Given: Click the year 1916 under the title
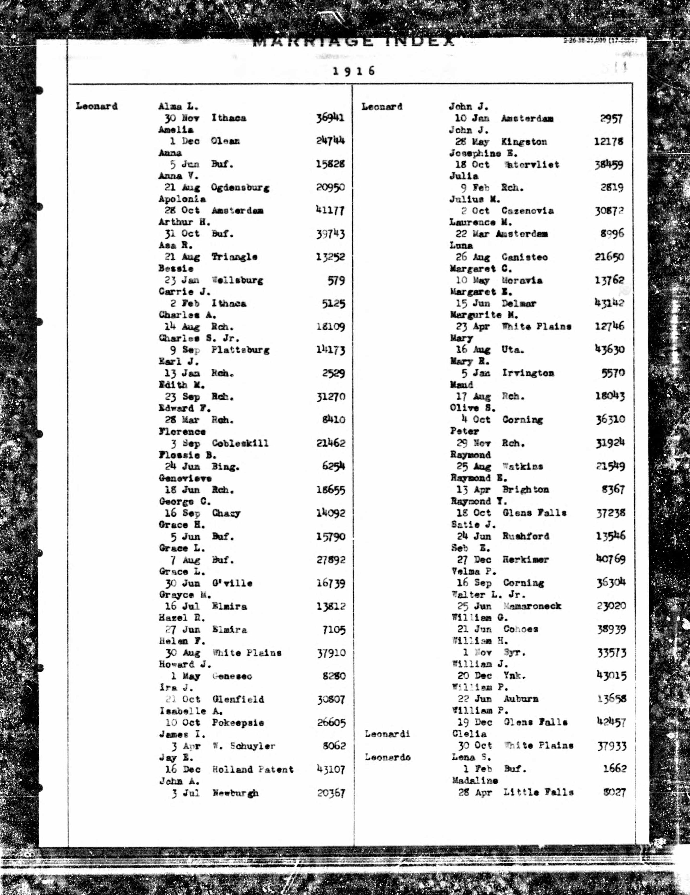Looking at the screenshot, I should tap(354, 71).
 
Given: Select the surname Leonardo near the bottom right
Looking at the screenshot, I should tap(388, 757).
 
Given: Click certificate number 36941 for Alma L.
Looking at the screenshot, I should tap(330, 118).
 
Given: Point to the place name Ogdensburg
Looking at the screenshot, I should tap(240, 188).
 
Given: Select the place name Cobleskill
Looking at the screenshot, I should tap(240, 443).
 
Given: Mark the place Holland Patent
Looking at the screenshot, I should tap(253, 769).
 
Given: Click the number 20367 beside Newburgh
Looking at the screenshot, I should tap(331, 793).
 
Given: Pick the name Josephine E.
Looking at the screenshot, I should tap(483, 154).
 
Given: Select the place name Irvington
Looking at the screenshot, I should tap(528, 373).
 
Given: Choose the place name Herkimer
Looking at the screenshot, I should tap(525, 560).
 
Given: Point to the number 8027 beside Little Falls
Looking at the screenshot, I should tap(614, 792).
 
